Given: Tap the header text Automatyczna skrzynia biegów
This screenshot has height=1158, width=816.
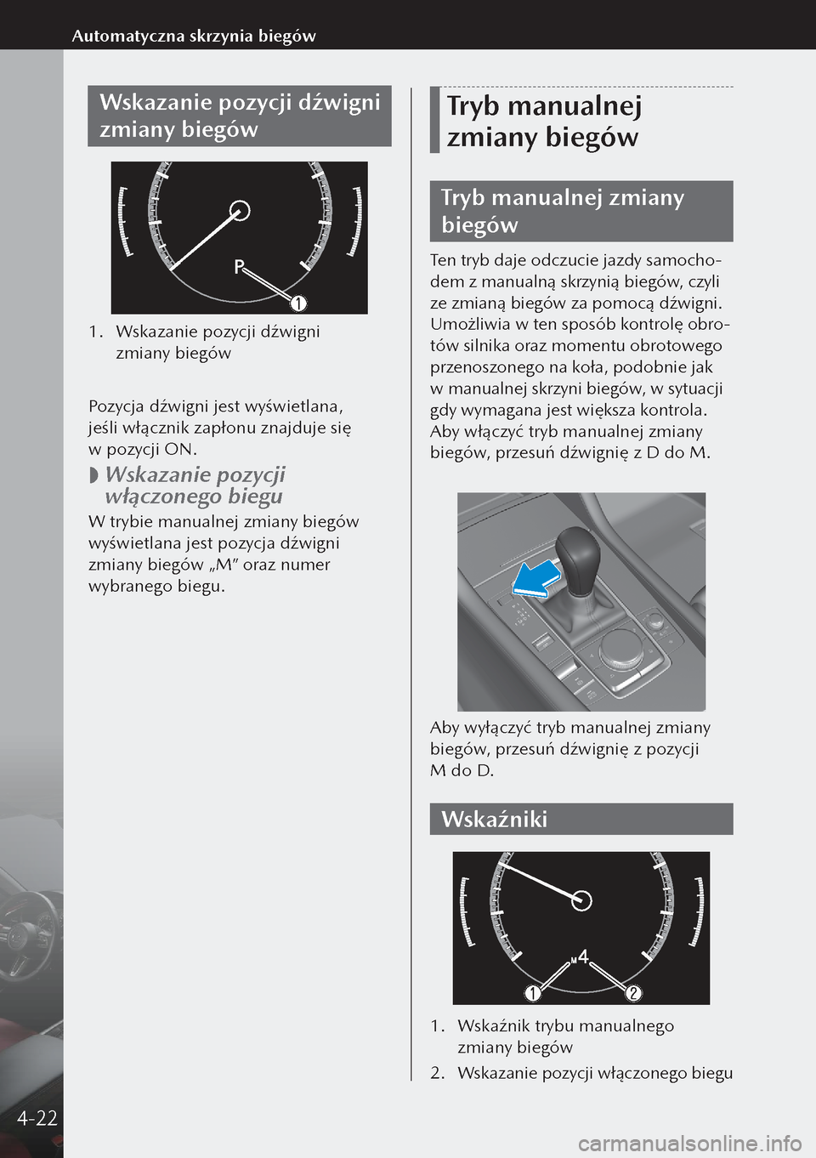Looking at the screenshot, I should point(194,36).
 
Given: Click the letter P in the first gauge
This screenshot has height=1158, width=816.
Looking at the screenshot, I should point(240,267).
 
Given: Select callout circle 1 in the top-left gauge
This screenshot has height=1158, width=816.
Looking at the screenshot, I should point(297,303).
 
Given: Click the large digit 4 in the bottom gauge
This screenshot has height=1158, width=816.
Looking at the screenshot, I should point(583,956).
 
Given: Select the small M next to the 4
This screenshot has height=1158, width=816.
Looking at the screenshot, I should point(574,960).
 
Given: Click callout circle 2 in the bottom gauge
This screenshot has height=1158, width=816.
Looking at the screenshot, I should point(633,992).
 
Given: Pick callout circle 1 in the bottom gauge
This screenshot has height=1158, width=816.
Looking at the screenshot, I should point(532,992).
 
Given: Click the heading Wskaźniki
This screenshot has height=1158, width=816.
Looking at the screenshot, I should point(495,820).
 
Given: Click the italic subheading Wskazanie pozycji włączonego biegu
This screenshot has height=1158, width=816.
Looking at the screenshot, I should point(194,485).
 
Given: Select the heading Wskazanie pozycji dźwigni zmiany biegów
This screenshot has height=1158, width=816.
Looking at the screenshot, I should point(240,116).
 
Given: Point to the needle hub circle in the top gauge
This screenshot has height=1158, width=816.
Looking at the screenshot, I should point(241,210).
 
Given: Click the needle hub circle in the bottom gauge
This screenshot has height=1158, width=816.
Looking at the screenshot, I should point(581,900).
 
